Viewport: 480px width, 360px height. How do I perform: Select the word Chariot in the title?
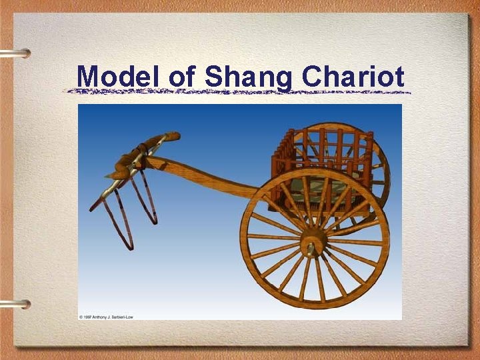pyautogui.click(x=353, y=76)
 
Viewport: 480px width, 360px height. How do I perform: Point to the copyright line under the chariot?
pyautogui.click(x=107, y=316)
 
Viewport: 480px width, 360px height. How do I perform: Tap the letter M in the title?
pyautogui.click(x=88, y=76)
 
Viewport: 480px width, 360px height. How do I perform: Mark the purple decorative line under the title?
pyautogui.click(x=240, y=91)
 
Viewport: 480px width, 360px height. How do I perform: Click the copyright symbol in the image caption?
pyautogui.click(x=81, y=316)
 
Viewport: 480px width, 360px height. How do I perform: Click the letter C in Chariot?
pyautogui.click(x=311, y=76)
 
